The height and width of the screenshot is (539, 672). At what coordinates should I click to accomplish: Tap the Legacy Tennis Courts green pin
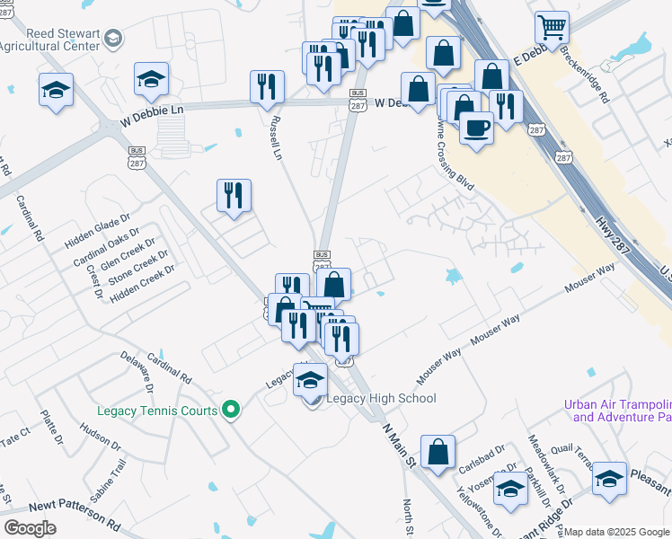(x=231, y=411)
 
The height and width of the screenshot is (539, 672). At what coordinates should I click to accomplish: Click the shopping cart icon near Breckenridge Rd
(x=551, y=26)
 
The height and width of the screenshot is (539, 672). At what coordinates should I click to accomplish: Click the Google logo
(x=29, y=528)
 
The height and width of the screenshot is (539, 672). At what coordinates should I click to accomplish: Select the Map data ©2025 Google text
(x=616, y=532)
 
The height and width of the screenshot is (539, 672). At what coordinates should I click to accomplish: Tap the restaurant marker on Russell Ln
(x=267, y=87)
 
